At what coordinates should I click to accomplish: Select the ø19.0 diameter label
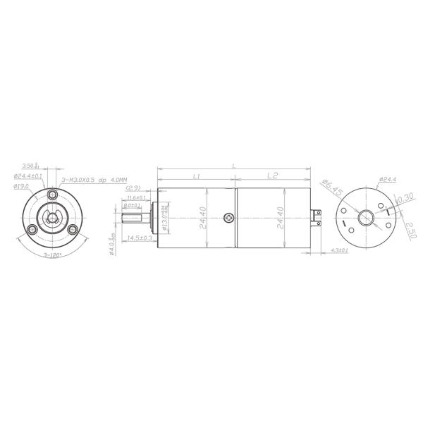[20, 186]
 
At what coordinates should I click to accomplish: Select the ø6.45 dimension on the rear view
[331, 188]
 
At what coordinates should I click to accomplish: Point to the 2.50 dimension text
[410, 228]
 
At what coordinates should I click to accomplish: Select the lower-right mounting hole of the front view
[73, 230]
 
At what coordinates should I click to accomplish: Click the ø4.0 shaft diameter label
[112, 247]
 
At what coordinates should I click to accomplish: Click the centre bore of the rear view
[367, 218]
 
